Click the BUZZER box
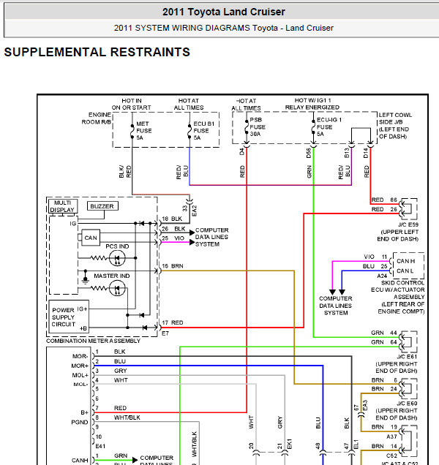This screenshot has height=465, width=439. [102, 206]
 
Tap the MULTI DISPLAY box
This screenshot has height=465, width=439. [63, 206]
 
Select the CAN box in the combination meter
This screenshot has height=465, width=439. [91, 238]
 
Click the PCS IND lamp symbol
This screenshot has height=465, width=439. [117, 258]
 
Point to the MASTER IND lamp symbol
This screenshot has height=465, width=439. [117, 288]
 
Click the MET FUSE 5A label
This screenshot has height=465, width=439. [144, 131]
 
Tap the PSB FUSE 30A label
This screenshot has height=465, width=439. [258, 127]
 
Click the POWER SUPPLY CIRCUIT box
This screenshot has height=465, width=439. [69, 317]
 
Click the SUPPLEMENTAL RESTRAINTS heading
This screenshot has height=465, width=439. [97, 52]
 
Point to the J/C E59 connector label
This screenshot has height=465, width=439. [408, 224]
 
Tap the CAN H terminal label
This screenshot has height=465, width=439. [406, 261]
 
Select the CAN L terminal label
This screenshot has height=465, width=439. [405, 271]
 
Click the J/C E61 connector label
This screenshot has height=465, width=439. [407, 357]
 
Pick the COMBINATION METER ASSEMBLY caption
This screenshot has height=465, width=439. [93, 341]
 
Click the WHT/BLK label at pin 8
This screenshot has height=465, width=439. [127, 417]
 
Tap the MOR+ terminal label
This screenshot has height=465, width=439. [80, 366]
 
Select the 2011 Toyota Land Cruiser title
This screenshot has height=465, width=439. [223, 12]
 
